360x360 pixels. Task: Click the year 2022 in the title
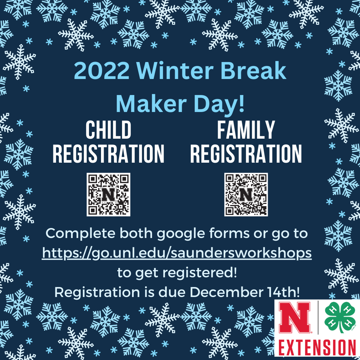pos(101,70)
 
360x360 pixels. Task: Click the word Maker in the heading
pos(151,104)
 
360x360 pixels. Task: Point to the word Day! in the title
pos(219,104)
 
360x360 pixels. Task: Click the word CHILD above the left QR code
pos(108,130)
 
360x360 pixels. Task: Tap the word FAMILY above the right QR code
pos(246,130)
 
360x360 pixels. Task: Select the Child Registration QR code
pos(108,194)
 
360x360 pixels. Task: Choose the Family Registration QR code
pos(246,194)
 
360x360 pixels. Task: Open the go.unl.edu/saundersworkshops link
pos(177,253)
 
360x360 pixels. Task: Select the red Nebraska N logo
pos(295,317)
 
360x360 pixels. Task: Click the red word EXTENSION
pos(317,348)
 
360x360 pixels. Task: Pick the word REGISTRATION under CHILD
pos(108,154)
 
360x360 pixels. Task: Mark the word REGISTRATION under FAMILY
pos(246,154)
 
